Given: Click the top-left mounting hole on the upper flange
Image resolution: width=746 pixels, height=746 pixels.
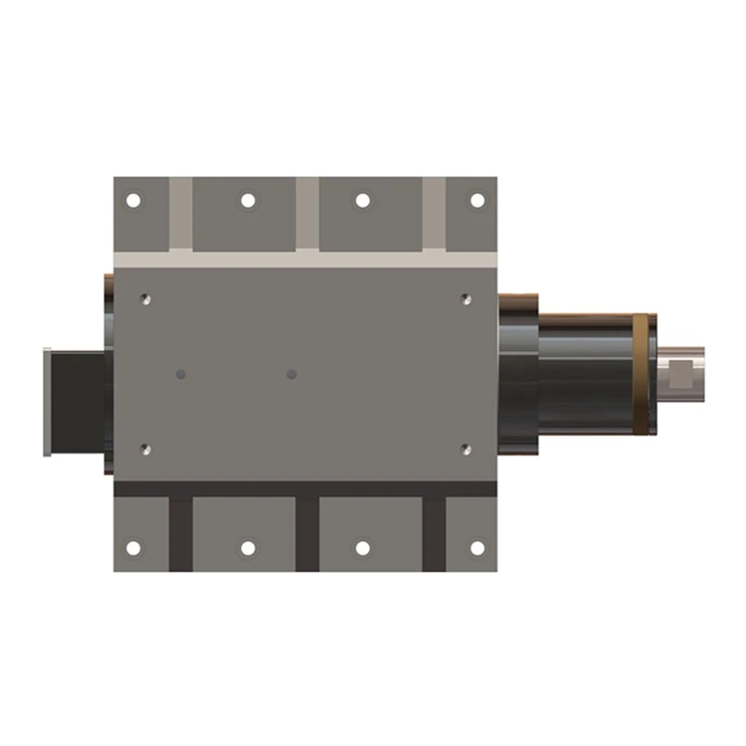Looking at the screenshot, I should (x=133, y=201).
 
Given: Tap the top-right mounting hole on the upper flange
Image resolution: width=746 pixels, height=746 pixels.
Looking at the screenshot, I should (x=477, y=201).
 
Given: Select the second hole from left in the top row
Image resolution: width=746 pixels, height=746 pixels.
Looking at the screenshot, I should (x=248, y=201).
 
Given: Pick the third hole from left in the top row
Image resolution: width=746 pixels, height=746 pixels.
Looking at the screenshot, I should (x=363, y=201).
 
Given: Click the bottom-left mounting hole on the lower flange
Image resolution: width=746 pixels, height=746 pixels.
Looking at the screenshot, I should (x=133, y=548).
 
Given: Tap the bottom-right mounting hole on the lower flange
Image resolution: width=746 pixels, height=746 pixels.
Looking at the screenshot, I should (x=477, y=548).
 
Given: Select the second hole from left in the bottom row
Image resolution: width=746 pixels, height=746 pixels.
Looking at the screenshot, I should (x=248, y=548).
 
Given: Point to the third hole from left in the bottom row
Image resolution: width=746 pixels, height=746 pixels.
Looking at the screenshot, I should (x=363, y=548).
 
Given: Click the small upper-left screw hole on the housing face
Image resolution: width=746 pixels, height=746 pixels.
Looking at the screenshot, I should (x=146, y=297).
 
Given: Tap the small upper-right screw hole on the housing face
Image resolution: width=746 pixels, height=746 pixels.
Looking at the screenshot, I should (x=466, y=297).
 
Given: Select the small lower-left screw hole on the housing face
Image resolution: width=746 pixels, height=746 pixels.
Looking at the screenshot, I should (x=146, y=450).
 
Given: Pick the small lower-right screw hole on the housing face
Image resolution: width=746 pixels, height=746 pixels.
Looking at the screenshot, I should (x=466, y=450).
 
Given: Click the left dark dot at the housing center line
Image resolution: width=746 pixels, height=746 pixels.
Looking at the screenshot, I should (x=180, y=375).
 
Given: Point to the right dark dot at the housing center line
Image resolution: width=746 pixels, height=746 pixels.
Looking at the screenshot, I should (x=291, y=375).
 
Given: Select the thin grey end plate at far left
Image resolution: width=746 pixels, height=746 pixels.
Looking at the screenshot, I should (x=47, y=402).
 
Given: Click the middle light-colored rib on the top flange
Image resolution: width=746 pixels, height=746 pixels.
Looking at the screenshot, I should (x=307, y=213).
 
